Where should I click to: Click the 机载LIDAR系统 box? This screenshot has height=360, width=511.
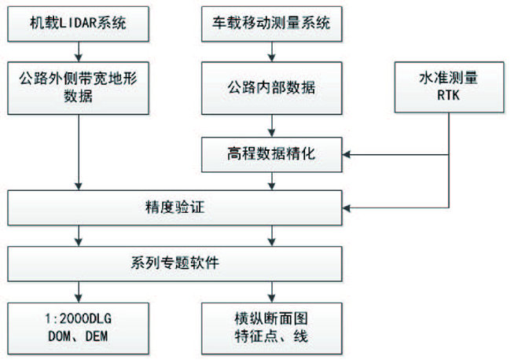pyautogui.click(x=78, y=24)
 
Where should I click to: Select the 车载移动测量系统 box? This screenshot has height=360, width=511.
pyautogui.click(x=272, y=24)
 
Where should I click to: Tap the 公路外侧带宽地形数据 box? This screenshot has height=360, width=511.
pyautogui.click(x=78, y=88)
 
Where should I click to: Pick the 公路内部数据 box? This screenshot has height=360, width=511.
pyautogui.click(x=272, y=88)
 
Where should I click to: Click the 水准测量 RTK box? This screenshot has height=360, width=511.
pyautogui.click(x=449, y=87)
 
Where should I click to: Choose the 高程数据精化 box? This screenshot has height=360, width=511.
pyautogui.click(x=272, y=154)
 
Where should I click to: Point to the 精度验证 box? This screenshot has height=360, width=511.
pyautogui.click(x=175, y=208)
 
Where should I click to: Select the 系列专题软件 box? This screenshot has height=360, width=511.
pyautogui.click(x=175, y=263)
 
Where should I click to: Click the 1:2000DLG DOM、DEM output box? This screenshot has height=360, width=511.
pyautogui.click(x=78, y=329)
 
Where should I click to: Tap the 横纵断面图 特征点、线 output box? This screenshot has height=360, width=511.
pyautogui.click(x=272, y=329)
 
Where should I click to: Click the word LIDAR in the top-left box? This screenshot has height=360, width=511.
pyautogui.click(x=78, y=24)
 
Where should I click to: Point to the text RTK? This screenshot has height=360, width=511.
pyautogui.click(x=448, y=95)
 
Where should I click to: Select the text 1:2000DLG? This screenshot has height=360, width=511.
pyautogui.click(x=78, y=318)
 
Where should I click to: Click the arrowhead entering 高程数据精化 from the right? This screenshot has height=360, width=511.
pyautogui.click(x=346, y=154)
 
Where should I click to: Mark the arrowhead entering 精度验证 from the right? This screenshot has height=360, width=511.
pyautogui.click(x=346, y=208)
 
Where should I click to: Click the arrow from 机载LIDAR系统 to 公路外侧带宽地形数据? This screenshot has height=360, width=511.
pyautogui.click(x=79, y=52)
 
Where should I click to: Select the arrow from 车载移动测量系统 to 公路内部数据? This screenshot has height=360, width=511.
pyautogui.click(x=272, y=52)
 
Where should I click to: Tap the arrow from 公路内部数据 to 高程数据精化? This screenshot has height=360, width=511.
pyautogui.click(x=272, y=126)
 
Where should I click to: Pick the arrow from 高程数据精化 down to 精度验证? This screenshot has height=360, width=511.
pyautogui.click(x=272, y=181)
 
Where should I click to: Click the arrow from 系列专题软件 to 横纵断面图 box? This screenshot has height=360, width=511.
pyautogui.click(x=272, y=292)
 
